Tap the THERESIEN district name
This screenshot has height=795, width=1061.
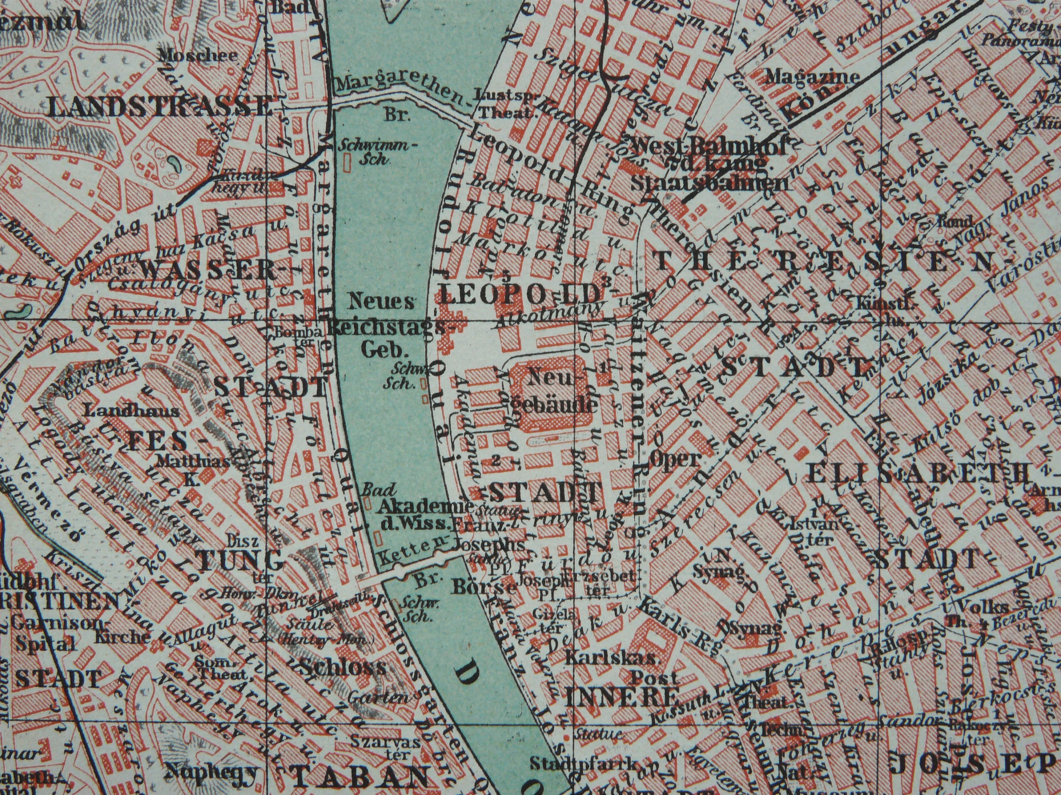point(823,262)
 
